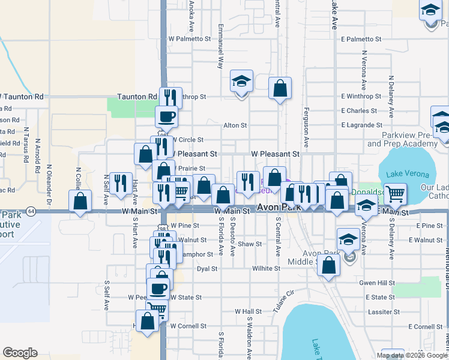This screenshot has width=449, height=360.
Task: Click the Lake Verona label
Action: [x=408, y=174]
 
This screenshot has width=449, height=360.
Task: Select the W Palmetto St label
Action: [x=190, y=38]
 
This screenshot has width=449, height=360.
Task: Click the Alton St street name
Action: [x=235, y=125]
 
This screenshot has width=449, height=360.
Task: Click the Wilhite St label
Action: [x=267, y=269]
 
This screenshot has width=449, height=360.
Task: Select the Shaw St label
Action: [x=250, y=244]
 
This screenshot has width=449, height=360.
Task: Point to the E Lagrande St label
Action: [x=361, y=125]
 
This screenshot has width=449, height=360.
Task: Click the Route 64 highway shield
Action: [x=31, y=211]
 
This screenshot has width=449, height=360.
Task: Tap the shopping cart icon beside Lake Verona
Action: [x=395, y=194]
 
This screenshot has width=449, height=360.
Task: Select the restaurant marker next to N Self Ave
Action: [x=121, y=182]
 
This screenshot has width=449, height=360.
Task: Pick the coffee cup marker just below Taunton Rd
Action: [x=166, y=116]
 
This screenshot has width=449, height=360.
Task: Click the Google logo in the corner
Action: [x=20, y=353]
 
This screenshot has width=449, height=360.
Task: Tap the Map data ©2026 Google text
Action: [x=412, y=355]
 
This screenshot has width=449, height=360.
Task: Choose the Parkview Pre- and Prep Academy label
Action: [x=401, y=139]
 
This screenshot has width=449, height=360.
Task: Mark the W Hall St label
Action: [x=248, y=311]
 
